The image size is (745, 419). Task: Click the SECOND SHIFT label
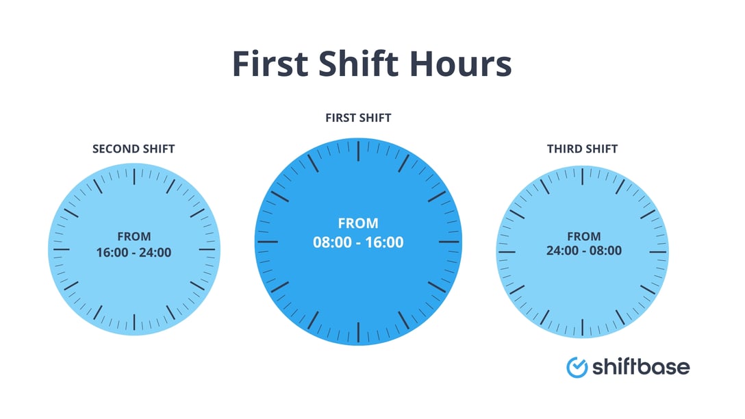[x=134, y=149]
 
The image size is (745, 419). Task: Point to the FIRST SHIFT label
[x=358, y=118]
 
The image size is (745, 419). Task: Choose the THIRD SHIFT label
[x=582, y=149]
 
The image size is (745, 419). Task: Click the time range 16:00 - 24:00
[x=134, y=253]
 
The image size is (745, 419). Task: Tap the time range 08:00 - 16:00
[x=358, y=242]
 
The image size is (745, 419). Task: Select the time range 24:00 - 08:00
[x=583, y=251]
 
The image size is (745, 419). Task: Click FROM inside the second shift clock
[x=134, y=237]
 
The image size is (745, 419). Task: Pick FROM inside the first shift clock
[x=358, y=223]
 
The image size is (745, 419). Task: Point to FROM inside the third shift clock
[x=583, y=236]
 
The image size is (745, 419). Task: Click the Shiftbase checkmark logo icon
[x=577, y=367]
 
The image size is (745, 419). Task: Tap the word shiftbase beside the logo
[x=641, y=366]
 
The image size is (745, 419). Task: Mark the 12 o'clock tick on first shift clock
[x=358, y=149]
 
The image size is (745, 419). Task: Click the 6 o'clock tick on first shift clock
[x=358, y=331]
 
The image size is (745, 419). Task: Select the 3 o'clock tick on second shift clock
[x=207, y=249]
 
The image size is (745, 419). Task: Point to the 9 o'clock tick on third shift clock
[x=507, y=252]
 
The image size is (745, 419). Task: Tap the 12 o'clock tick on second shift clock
[x=134, y=174]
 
